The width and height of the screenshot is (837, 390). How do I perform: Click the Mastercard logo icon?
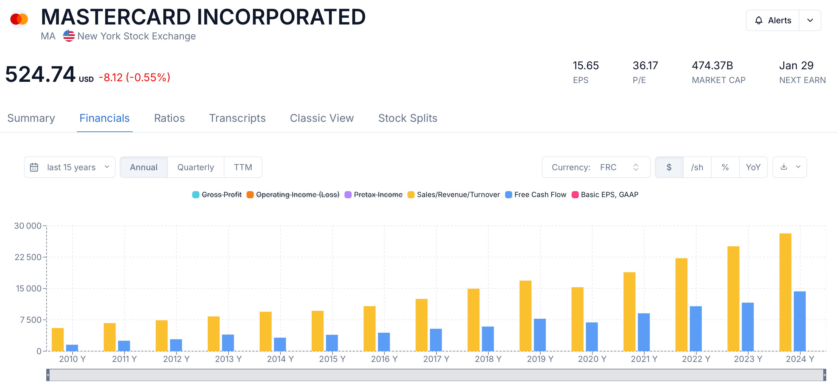(19, 19)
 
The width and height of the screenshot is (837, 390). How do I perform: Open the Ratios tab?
(169, 118)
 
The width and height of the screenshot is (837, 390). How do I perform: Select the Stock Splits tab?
(407, 118)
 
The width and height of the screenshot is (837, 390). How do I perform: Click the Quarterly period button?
(196, 167)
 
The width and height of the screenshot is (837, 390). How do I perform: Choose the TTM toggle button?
(243, 167)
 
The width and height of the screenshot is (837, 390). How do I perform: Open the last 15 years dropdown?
(70, 167)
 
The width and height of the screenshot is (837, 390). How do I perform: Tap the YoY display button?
(753, 167)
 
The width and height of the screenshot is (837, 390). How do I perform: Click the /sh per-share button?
(697, 167)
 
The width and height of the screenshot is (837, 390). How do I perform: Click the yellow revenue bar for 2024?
(785, 293)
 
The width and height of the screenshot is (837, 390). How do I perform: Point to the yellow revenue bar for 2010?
(58, 340)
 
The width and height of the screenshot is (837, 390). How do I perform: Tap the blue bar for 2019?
(540, 335)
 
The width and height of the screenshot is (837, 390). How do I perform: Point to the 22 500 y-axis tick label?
(28, 257)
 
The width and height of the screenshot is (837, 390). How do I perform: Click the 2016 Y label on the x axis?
(384, 359)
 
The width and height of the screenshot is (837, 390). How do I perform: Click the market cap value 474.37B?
(712, 66)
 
